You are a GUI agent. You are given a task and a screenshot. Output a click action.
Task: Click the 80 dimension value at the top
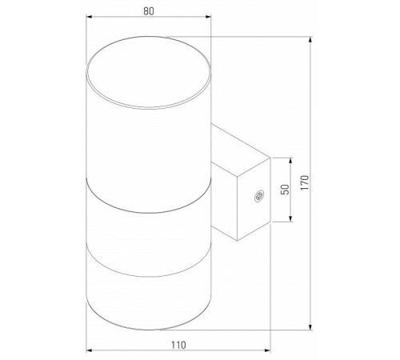coord(149,11)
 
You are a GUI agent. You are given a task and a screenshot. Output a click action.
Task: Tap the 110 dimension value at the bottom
coord(178,345)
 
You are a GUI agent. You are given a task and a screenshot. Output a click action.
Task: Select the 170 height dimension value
coord(305,182)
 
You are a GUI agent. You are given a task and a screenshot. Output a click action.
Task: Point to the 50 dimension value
coord(285,190)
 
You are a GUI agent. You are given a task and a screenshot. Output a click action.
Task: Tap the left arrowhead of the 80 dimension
coord(89,17)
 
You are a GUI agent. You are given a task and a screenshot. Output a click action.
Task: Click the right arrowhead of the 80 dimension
coord(208,17)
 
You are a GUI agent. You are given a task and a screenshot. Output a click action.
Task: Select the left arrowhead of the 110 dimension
coord(89,350)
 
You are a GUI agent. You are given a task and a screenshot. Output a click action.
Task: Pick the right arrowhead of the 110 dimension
coord(267,350)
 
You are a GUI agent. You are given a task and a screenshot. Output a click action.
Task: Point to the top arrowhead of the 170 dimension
coord(310,40)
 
